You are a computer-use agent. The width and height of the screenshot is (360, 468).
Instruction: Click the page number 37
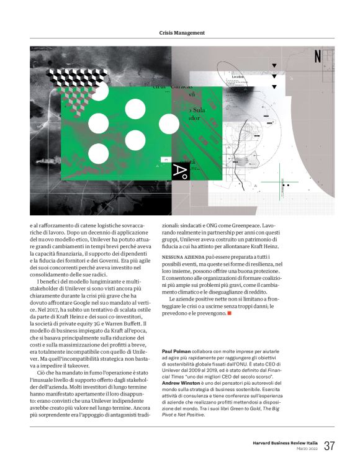point(329,445)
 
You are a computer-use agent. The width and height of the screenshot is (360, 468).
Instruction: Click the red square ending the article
point(229,312)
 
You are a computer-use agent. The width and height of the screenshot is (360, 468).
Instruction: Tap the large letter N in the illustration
point(318,56)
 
